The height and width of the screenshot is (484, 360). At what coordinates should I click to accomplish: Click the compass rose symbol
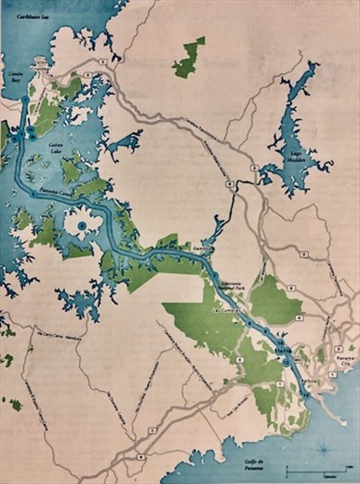pos(323,449)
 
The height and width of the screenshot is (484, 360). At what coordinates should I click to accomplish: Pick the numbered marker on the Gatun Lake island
pos(82,225)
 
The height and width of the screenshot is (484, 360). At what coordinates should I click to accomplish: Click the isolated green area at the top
pos(189,58)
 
